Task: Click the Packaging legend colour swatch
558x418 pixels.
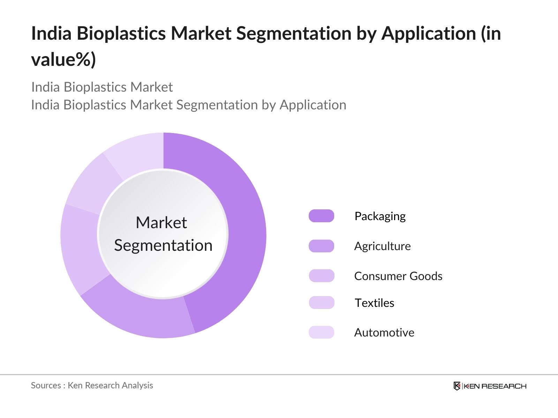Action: point(321,216)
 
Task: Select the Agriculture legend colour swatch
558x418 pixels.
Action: point(321,246)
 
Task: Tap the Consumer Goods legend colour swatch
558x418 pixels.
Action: point(321,276)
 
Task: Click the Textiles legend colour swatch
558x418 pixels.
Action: point(321,302)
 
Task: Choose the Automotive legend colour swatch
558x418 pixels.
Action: point(321,332)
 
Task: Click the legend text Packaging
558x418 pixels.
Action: point(380,217)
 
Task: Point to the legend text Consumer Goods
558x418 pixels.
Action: point(398,276)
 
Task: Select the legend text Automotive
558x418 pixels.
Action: point(384,332)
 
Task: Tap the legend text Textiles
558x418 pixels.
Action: point(375,303)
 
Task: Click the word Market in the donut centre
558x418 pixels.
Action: point(161,223)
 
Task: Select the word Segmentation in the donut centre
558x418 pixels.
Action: point(163,246)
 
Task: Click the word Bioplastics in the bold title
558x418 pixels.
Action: point(121,33)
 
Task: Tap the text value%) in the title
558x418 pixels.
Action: point(63,60)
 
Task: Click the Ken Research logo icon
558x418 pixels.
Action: point(457,386)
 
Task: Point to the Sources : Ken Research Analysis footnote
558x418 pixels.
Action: point(92,385)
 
